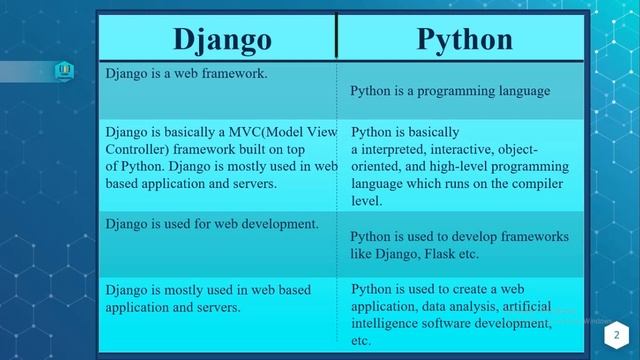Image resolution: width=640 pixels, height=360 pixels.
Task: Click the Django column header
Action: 222,39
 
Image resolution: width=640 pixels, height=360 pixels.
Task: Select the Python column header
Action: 464,39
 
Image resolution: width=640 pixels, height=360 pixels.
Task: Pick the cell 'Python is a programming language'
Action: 450,91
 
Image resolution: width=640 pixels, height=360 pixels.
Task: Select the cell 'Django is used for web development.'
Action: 212,223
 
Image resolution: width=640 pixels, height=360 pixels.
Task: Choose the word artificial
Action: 527,307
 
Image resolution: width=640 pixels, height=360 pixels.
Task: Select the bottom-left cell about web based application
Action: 208,299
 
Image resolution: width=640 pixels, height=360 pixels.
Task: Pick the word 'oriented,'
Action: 377,167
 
